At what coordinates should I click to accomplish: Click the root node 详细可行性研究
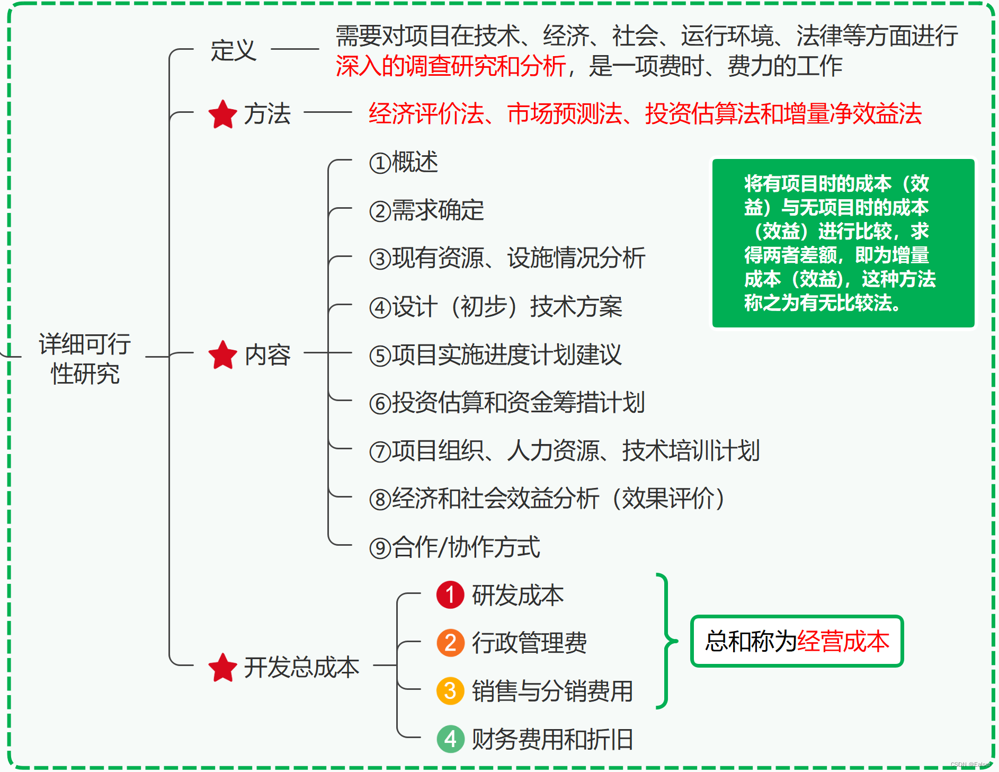[x=85, y=358]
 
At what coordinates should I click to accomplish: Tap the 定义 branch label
[x=233, y=51]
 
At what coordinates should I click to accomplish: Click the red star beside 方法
[x=222, y=114]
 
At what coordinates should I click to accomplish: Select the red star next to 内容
[x=222, y=355]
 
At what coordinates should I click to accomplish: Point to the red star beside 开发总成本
[x=222, y=668]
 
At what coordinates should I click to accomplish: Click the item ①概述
[x=404, y=162]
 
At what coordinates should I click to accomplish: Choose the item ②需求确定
[x=426, y=210]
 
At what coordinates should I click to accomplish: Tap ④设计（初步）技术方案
[x=495, y=307]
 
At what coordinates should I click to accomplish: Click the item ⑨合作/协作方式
[x=454, y=547]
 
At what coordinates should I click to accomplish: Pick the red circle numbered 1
[x=450, y=595]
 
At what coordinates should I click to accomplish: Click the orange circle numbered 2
[x=450, y=643]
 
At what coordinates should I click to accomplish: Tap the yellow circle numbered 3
[x=450, y=691]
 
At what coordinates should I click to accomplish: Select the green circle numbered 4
[x=450, y=739]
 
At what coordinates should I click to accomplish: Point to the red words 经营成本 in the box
[x=843, y=641]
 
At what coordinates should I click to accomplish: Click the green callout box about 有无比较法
[x=843, y=243]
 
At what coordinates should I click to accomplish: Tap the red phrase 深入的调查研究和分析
[x=450, y=67]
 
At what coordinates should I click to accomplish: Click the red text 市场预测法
[x=565, y=114]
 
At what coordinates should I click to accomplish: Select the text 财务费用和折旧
[x=552, y=739]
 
